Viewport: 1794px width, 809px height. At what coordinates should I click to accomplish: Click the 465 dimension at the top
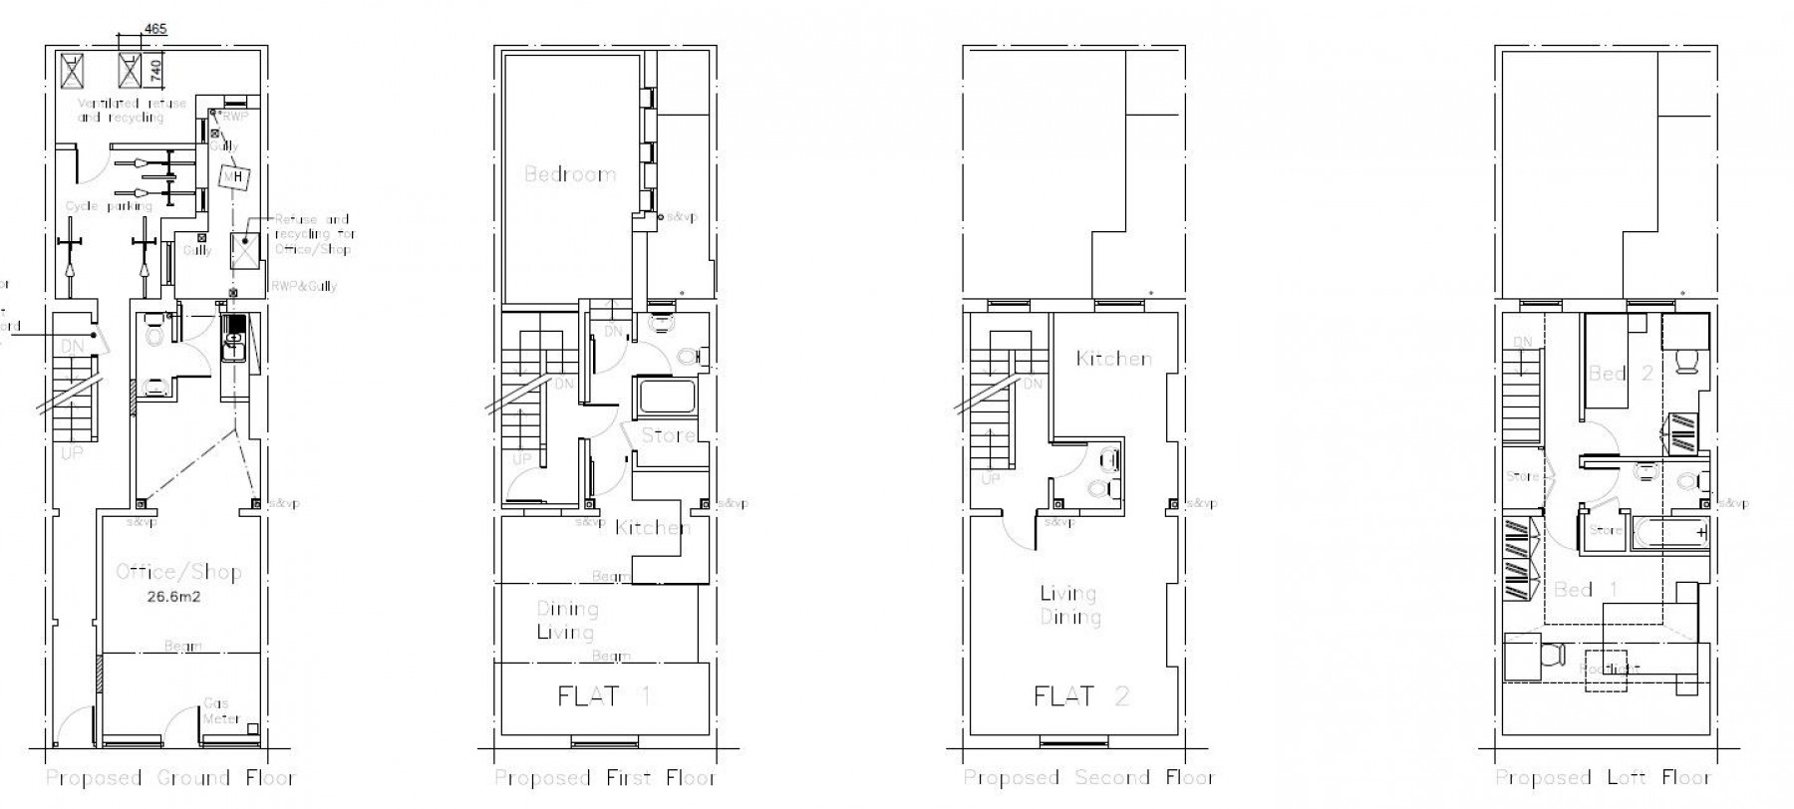click(x=155, y=28)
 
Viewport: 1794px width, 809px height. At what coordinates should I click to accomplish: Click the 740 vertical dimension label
click(x=155, y=69)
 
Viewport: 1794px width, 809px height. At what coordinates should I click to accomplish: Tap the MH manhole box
click(x=234, y=178)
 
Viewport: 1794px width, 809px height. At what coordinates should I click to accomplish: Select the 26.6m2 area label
click(x=179, y=598)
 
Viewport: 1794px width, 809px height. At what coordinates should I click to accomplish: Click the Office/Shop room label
click(x=179, y=572)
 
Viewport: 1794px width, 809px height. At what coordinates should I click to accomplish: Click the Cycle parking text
click(x=109, y=206)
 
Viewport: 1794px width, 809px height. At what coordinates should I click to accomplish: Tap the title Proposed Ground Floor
click(x=170, y=778)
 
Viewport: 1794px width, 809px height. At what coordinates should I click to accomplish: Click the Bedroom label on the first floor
click(x=570, y=174)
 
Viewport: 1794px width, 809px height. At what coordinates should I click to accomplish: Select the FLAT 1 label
click(x=604, y=695)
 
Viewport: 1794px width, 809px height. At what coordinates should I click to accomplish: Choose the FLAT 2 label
click(x=1081, y=695)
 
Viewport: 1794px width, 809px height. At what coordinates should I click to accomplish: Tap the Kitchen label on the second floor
click(x=1114, y=359)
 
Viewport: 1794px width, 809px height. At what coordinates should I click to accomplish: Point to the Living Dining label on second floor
click(x=1069, y=606)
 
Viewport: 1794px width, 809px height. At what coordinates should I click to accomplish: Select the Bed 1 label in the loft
click(x=1573, y=590)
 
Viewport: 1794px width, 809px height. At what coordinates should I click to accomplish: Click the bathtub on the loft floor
click(x=1667, y=534)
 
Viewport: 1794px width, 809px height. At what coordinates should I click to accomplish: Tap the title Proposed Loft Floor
click(x=1603, y=778)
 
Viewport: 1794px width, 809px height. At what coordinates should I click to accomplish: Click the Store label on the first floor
click(x=668, y=435)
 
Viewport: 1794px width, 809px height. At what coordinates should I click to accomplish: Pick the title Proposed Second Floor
click(x=1088, y=778)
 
